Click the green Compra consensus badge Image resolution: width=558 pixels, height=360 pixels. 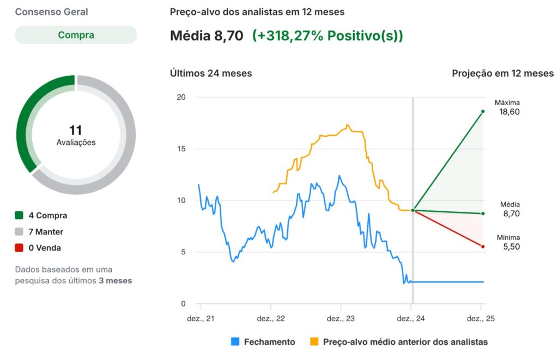[x=76, y=35]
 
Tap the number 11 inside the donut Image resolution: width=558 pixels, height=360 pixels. [x=76, y=131]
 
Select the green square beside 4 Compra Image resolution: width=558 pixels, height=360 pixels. [x=19, y=216]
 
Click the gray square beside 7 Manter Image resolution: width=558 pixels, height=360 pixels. [x=19, y=232]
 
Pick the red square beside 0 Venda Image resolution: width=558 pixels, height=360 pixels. [x=19, y=248]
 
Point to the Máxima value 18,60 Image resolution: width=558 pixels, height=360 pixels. [x=509, y=112]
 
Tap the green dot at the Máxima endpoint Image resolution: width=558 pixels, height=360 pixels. [x=483, y=112]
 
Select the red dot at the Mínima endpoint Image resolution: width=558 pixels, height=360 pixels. [x=483, y=247]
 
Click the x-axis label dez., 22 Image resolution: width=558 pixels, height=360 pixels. [x=271, y=319]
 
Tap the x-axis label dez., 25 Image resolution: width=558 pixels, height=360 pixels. [x=482, y=319]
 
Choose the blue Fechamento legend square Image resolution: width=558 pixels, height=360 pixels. [x=235, y=342]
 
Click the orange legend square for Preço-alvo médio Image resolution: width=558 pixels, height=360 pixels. [x=314, y=342]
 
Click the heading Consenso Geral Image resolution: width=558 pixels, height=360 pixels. [x=51, y=12]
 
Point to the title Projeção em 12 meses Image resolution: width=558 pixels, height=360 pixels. [x=502, y=73]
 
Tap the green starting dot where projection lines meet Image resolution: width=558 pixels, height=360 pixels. [x=413, y=210]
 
